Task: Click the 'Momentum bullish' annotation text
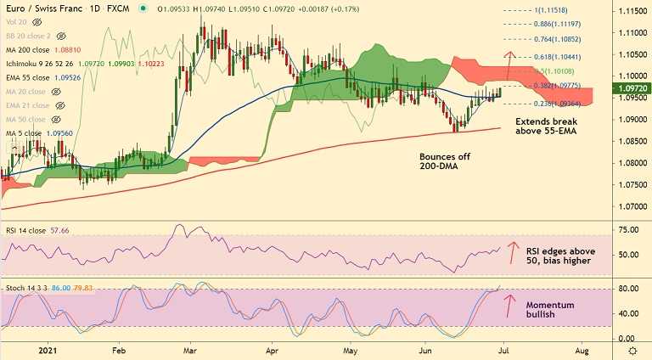[550, 310]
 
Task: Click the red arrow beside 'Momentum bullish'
[510, 305]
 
